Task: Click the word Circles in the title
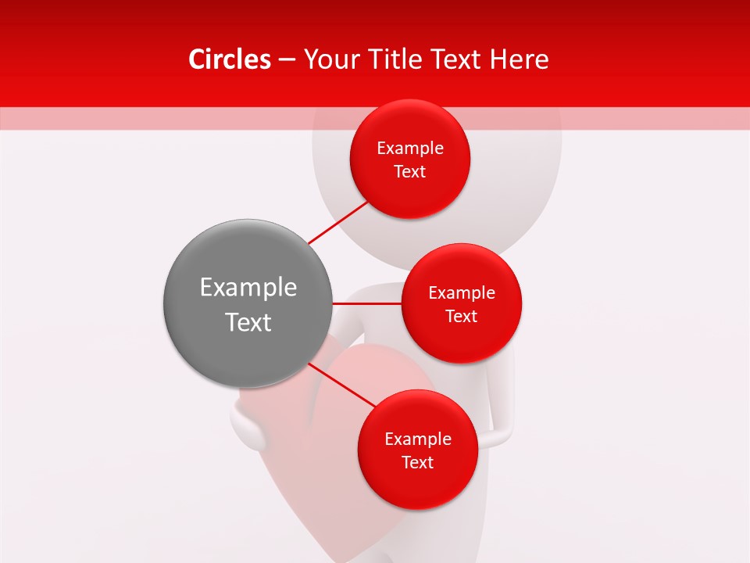(229, 59)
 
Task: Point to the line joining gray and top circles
(338, 221)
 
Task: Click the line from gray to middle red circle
(367, 303)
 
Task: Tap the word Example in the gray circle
(248, 288)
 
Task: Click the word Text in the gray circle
(248, 322)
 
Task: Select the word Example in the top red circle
(410, 149)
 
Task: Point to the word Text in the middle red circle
(462, 317)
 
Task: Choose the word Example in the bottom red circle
(418, 439)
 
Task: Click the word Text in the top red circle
(410, 172)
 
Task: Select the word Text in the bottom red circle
(418, 463)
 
